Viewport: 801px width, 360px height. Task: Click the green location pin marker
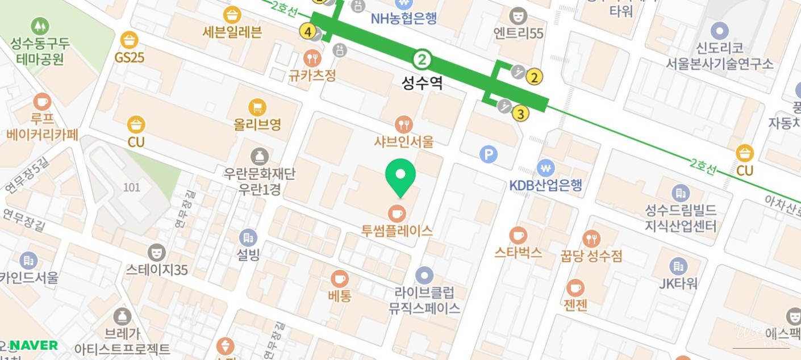400,175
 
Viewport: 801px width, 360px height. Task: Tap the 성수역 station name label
422,84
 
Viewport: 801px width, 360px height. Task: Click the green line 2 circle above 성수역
422,59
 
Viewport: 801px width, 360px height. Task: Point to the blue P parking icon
489,154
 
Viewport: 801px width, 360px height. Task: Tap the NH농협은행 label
404,18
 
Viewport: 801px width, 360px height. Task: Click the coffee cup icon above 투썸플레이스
397,213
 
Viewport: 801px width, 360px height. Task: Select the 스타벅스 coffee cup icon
518,235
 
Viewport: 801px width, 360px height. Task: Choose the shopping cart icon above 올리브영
257,106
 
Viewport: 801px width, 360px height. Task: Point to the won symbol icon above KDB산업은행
546,168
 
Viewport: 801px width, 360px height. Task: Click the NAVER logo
34,345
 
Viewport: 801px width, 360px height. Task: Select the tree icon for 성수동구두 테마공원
40,26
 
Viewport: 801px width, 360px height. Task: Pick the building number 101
131,187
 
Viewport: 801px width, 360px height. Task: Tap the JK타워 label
678,283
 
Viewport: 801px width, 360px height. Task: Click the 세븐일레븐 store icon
232,15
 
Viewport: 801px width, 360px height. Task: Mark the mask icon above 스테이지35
157,252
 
